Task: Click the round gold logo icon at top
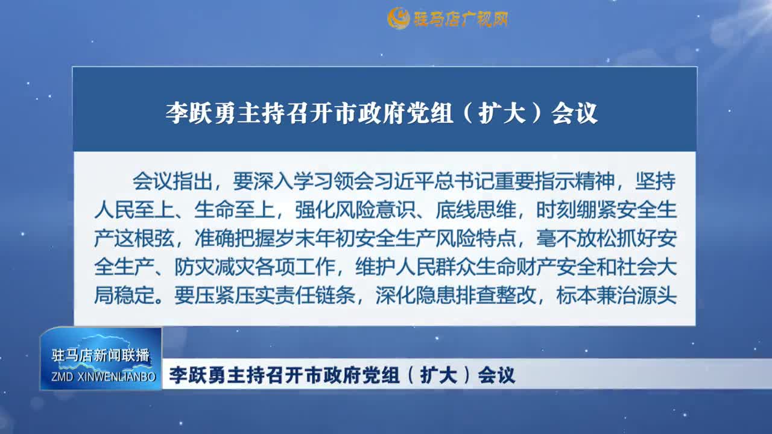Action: (x=399, y=19)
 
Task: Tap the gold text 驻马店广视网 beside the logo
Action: (x=460, y=19)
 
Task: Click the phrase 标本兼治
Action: (x=596, y=296)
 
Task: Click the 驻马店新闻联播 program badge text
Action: (x=101, y=356)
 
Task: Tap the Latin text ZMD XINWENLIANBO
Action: (x=101, y=377)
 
